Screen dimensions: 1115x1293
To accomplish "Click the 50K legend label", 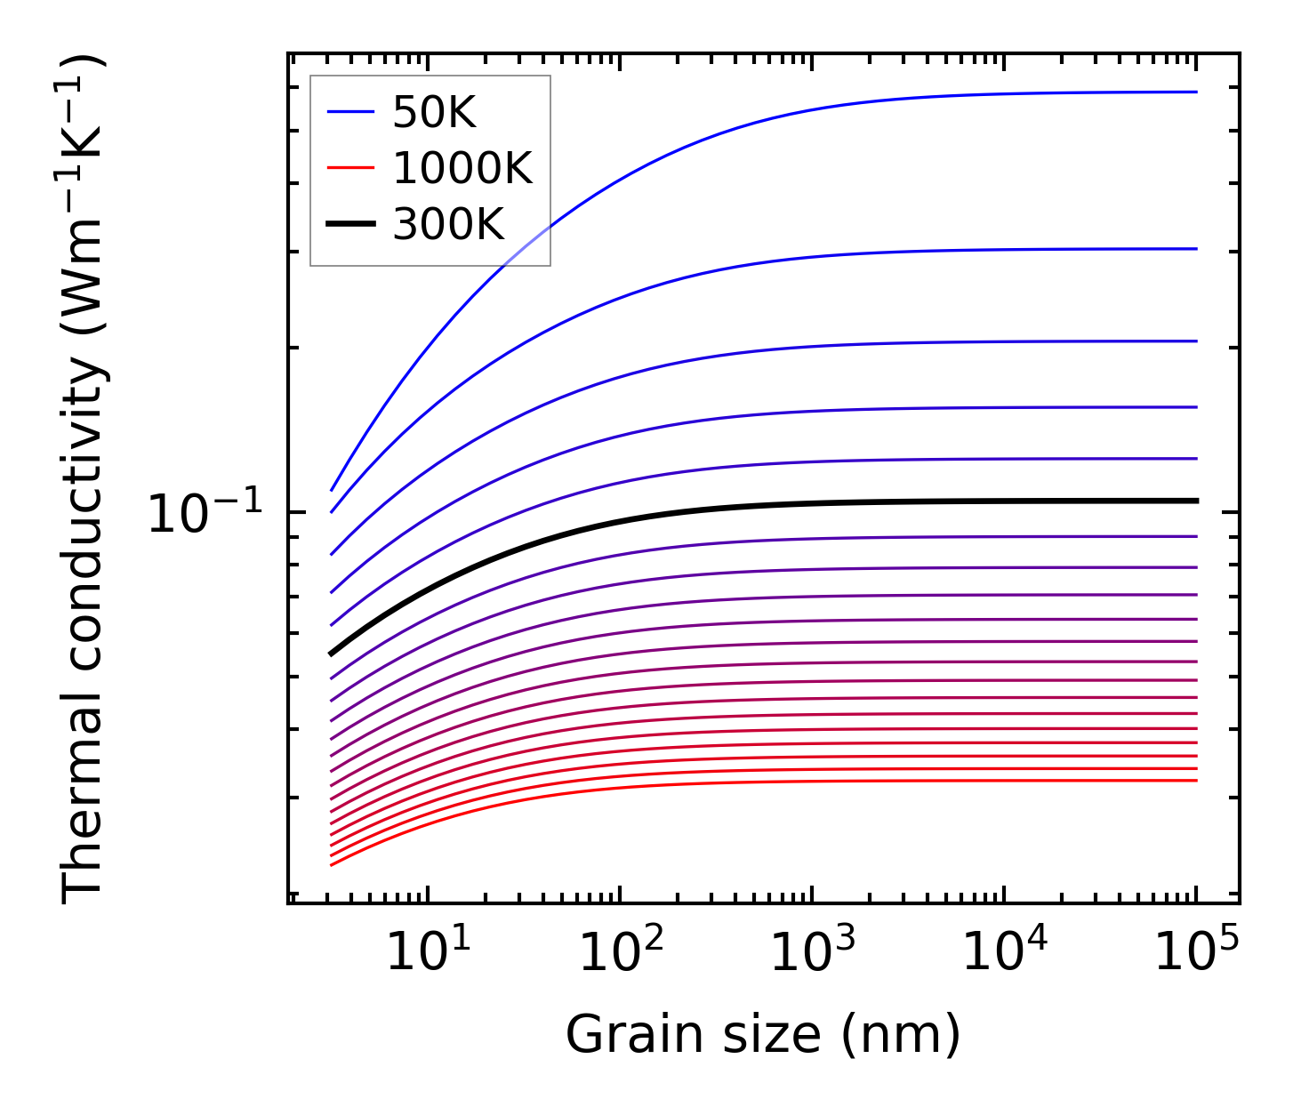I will pos(434,113).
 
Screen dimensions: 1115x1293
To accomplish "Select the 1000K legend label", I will pos(462,168).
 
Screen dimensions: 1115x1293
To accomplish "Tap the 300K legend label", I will pos(448,225).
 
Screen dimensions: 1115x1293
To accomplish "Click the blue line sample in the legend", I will pos(350,112).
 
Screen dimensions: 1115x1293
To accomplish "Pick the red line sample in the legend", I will pos(350,168).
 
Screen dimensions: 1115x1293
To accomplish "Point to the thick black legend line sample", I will pos(350,224).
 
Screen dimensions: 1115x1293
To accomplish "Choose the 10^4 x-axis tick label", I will pos(1003,953).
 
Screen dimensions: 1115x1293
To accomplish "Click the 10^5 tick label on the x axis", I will pos(1195,953).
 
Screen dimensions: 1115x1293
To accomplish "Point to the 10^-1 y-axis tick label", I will pos(205,513).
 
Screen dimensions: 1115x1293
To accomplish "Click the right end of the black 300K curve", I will pos(1196,501).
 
